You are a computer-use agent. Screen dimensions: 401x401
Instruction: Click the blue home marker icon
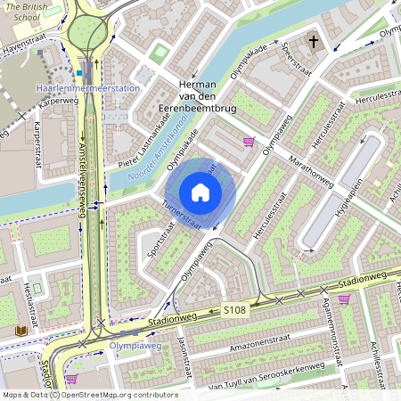[x=200, y=192]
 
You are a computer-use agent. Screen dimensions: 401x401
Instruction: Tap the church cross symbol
[x=314, y=41]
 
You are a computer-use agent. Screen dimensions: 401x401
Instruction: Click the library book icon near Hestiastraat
[x=20, y=331]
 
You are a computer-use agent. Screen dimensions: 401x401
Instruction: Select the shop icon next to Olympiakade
[x=249, y=142]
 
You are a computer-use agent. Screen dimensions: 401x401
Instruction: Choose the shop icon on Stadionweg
[x=344, y=299]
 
